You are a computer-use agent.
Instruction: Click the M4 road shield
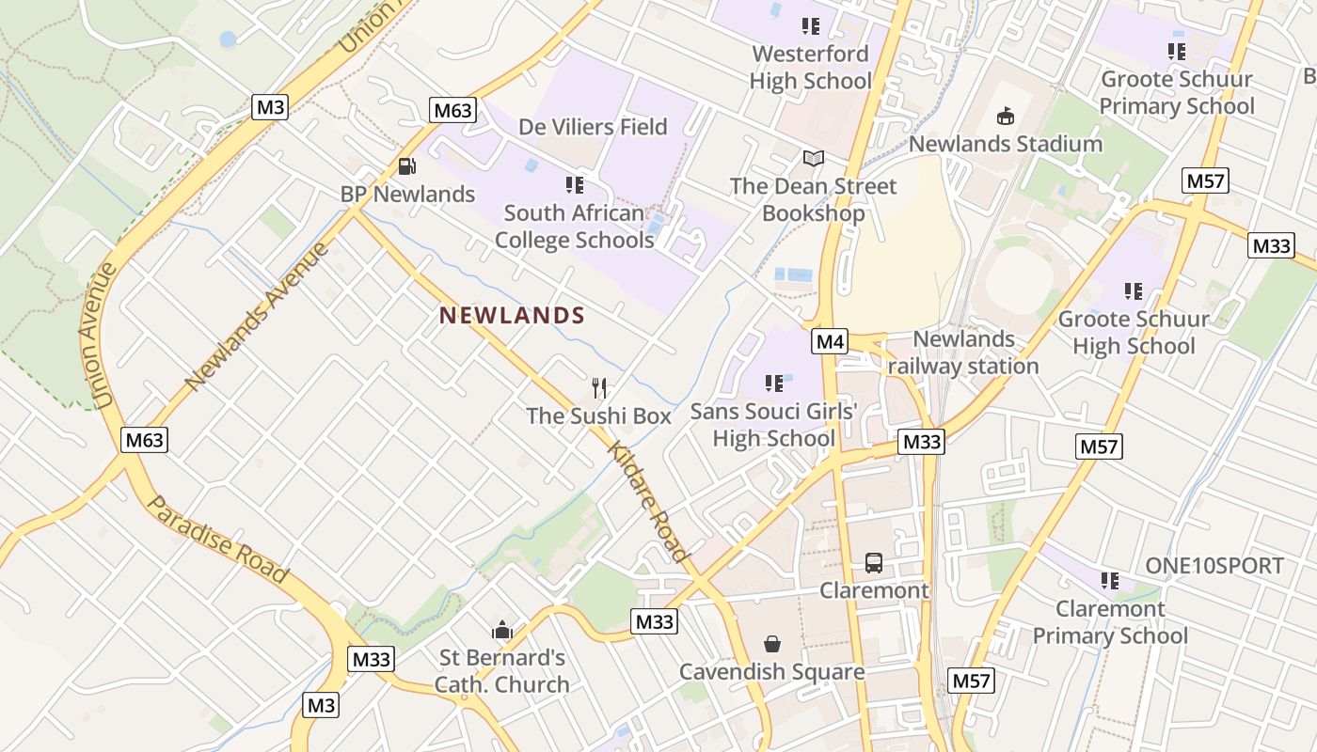pos(830,341)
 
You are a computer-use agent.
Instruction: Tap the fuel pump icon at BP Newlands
pos(407,166)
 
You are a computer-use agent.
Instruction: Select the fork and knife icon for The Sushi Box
pos(599,387)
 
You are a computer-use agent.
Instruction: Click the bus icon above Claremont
pos(874,563)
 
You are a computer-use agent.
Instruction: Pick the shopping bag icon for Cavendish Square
pos(772,644)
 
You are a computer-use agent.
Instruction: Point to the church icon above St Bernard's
pos(502,629)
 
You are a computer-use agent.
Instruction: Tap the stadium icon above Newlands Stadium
pos(1005,117)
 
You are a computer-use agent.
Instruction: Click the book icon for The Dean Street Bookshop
pos(814,159)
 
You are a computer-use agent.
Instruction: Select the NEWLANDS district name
pos(513,316)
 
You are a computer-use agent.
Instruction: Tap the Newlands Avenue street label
pos(258,316)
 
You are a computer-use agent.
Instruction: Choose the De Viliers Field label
pos(593,127)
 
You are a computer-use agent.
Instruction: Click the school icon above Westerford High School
pos(810,26)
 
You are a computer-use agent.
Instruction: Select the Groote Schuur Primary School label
pos(1177,92)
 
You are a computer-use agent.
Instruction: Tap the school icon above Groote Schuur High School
pos(1134,291)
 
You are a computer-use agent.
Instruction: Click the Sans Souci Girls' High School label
pos(774,425)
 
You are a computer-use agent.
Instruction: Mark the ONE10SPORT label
pos(1214,566)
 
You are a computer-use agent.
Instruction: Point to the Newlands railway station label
pos(963,352)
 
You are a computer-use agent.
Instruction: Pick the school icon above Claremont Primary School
pos(1110,581)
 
